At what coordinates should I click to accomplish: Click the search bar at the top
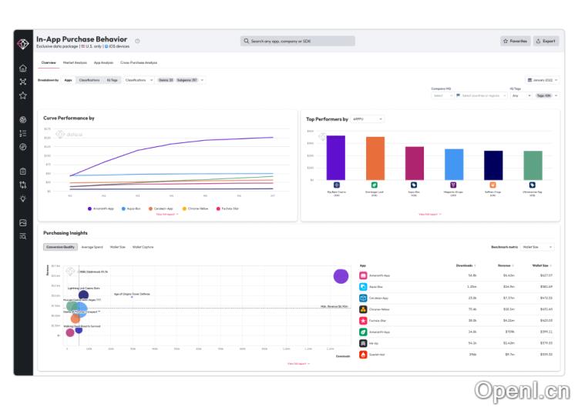pos(297,41)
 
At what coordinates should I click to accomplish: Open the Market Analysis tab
pos(75,62)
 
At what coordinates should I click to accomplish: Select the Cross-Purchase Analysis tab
pos(139,62)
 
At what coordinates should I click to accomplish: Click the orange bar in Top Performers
pos(375,158)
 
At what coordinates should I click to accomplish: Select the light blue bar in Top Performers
pos(454,164)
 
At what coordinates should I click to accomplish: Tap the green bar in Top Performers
pos(533,165)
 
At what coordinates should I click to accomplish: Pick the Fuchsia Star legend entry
pos(229,209)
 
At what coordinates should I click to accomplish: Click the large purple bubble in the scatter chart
pos(341,276)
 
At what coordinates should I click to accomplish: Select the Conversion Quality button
pos(60,247)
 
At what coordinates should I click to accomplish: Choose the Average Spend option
pos(92,247)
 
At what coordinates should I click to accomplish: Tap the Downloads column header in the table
pos(467,264)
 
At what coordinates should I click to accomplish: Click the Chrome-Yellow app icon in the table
pos(364,309)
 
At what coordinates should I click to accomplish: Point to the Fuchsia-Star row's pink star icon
pos(364,320)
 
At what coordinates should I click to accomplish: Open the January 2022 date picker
pos(542,80)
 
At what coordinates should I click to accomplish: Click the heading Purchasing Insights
pos(66,233)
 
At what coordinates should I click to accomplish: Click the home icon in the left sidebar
pos(23,68)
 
